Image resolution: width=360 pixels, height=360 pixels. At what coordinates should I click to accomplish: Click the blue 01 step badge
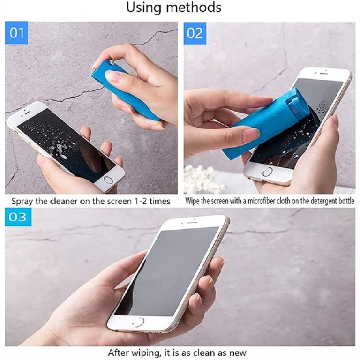[16, 33]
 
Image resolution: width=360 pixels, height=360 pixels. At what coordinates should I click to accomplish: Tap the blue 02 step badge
[195, 33]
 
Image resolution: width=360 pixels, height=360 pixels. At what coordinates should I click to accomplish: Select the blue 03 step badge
[18, 217]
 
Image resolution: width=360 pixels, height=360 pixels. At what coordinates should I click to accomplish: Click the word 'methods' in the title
[194, 7]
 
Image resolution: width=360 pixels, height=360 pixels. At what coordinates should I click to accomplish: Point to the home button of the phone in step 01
[107, 180]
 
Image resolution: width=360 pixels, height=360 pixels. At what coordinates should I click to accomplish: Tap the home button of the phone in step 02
[268, 171]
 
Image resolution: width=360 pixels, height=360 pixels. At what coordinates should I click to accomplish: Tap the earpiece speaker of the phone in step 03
[191, 222]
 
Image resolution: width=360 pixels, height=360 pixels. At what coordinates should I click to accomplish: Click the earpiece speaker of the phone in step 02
[323, 74]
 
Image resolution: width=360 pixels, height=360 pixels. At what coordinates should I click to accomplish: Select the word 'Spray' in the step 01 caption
[22, 202]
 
